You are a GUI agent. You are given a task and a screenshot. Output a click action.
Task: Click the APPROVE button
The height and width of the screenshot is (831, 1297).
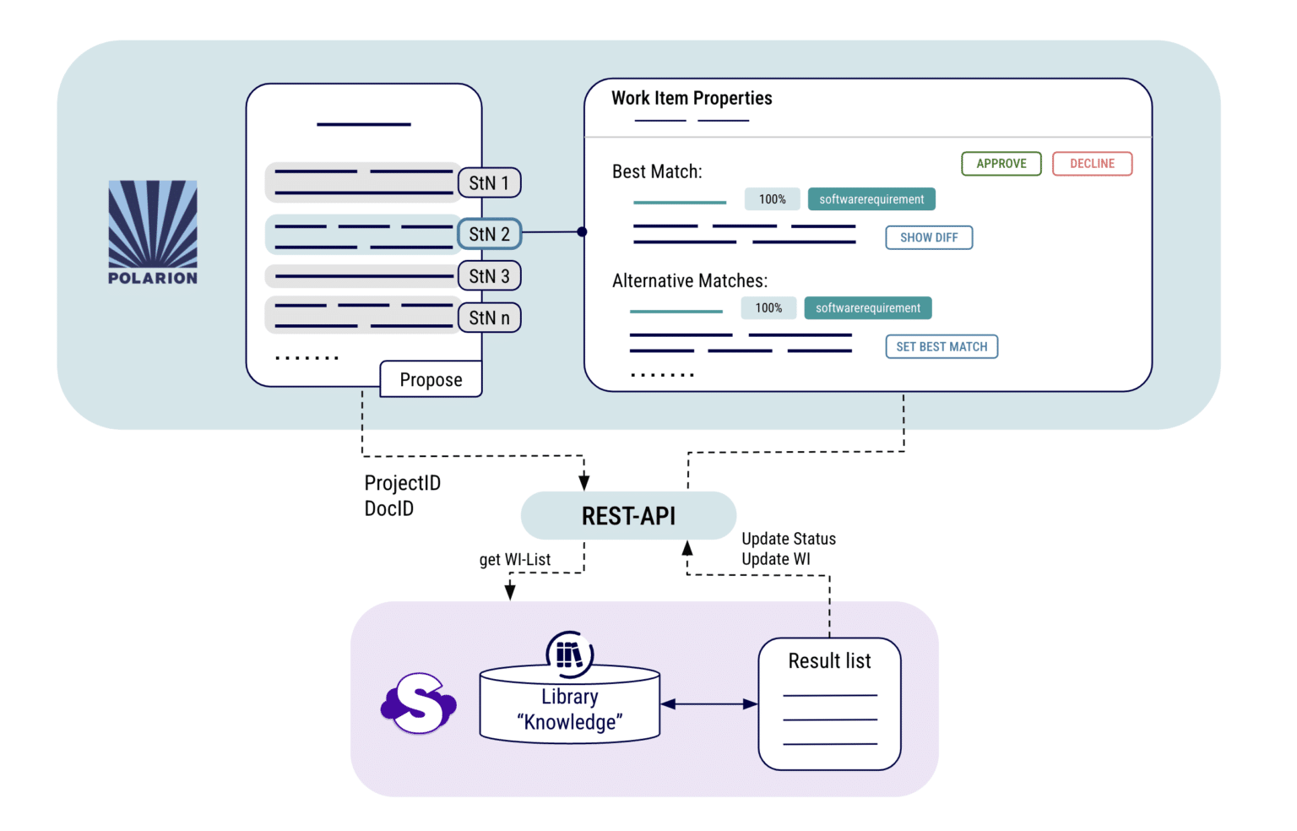pyautogui.click(x=1001, y=164)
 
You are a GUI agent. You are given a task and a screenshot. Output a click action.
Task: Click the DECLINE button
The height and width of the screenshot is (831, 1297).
pyautogui.click(x=1092, y=164)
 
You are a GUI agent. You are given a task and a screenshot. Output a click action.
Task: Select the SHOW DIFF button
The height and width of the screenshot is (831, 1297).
pyautogui.click(x=929, y=238)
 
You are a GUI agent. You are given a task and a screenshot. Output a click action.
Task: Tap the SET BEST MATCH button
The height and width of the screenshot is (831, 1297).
pyautogui.click(x=942, y=347)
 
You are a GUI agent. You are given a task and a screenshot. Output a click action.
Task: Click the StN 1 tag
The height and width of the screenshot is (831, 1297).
pyautogui.click(x=489, y=183)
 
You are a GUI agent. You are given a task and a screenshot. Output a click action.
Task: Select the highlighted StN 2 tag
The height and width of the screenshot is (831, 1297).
pyautogui.click(x=489, y=234)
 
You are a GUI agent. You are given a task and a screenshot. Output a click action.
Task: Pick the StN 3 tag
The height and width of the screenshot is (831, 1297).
pyautogui.click(x=489, y=276)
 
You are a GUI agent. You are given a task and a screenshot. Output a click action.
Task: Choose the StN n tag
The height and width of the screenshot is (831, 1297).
pyautogui.click(x=489, y=318)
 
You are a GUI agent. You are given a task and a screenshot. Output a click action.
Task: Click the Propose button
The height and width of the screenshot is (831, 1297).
pyautogui.click(x=431, y=380)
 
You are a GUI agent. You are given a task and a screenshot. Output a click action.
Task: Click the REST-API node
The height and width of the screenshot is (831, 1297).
pyautogui.click(x=628, y=516)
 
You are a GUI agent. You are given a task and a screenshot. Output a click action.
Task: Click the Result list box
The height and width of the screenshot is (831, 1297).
pyautogui.click(x=829, y=703)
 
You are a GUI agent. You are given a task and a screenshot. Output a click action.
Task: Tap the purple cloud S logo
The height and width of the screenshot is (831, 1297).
pyautogui.click(x=418, y=703)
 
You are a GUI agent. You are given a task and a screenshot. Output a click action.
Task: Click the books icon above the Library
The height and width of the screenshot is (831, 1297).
pyautogui.click(x=570, y=654)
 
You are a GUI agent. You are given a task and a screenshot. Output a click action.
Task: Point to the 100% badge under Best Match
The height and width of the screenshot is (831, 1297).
pyautogui.click(x=772, y=199)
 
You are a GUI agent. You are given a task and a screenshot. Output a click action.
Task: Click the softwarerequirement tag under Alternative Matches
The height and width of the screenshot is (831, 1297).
pyautogui.click(x=868, y=308)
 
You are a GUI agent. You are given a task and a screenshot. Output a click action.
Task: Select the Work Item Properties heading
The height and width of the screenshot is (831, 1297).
pyautogui.click(x=692, y=98)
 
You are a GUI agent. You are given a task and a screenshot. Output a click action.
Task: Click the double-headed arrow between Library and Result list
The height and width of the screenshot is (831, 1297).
pyautogui.click(x=708, y=704)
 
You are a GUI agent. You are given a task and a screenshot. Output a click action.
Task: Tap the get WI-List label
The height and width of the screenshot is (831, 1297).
pyautogui.click(x=515, y=560)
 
